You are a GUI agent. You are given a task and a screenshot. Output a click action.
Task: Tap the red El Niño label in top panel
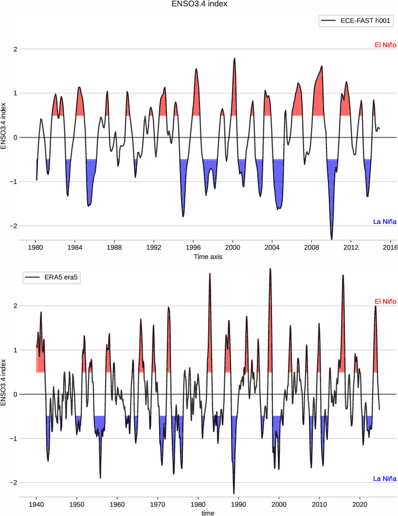point(385,45)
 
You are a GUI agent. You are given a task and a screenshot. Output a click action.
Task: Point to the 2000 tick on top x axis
point(233,247)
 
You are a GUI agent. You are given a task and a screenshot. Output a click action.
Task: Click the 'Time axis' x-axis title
point(208,256)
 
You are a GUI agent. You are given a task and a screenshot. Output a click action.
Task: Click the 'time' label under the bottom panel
point(208,513)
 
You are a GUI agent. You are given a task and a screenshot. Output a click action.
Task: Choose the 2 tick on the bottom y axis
point(16,306)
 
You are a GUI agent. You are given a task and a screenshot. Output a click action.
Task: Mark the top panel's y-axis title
point(4,125)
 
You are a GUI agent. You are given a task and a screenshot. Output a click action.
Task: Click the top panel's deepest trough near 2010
point(332,239)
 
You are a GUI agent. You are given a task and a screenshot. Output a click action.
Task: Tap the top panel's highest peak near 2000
point(235,58)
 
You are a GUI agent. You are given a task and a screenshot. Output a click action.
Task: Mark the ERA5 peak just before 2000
point(270,269)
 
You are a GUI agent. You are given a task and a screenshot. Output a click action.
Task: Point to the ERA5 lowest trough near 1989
point(234,493)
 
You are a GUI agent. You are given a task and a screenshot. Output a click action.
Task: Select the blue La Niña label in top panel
point(385,222)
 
